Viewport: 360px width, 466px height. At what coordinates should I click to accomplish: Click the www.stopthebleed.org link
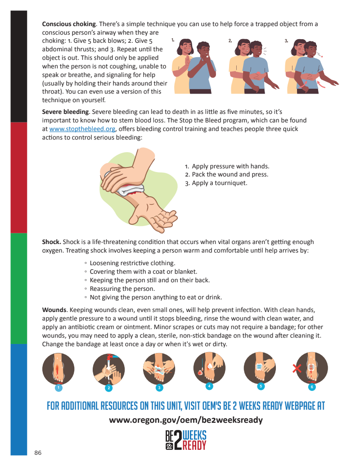point(82,129)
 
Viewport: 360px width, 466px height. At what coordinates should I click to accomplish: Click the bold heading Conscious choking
point(69,24)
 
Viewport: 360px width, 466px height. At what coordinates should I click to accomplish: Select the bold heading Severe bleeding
point(65,112)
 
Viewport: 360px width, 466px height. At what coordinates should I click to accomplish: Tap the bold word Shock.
point(51,242)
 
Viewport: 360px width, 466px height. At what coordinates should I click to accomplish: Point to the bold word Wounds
point(54,310)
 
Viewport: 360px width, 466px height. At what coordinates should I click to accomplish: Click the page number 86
point(38,452)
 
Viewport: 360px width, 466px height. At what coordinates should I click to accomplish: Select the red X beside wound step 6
point(297,368)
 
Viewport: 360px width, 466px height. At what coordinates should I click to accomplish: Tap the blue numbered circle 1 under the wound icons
point(58,388)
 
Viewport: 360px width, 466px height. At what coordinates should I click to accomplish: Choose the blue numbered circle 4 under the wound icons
point(209,386)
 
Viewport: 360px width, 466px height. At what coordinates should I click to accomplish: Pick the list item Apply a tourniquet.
point(216,183)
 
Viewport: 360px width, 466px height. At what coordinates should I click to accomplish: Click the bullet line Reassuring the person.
point(122,289)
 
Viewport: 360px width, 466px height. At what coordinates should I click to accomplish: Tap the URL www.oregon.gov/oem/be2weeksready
point(186,420)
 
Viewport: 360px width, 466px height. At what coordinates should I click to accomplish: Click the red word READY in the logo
point(194,445)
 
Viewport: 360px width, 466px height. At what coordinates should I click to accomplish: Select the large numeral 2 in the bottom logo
point(178,440)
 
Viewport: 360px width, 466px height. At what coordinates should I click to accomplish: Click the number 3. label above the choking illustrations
point(286,41)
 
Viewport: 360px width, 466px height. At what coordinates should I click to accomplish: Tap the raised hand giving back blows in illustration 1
point(188,61)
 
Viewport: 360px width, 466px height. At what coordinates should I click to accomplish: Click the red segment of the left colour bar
point(19,177)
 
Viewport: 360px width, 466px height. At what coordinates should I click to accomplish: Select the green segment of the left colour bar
point(19,289)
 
